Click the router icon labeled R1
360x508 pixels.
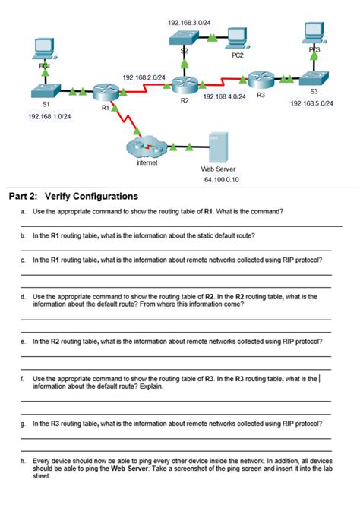(x=105, y=93)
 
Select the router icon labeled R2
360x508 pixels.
(x=184, y=86)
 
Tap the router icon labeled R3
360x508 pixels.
(x=260, y=79)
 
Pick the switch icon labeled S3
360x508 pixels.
(x=314, y=78)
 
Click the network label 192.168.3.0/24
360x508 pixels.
(x=189, y=24)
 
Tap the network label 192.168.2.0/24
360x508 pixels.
(x=144, y=77)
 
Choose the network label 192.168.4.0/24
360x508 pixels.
(x=224, y=97)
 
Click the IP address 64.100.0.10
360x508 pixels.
(x=222, y=180)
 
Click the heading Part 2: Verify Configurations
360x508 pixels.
(x=73, y=196)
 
